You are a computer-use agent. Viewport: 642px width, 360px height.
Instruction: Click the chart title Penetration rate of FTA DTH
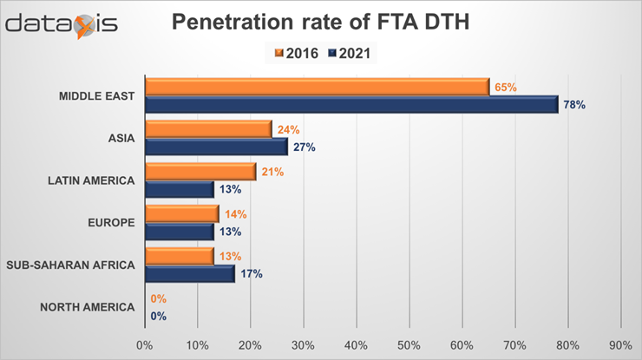pos(320,23)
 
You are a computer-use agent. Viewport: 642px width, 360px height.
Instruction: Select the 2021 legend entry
pos(350,53)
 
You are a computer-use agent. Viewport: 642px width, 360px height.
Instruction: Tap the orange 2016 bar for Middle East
pos(318,87)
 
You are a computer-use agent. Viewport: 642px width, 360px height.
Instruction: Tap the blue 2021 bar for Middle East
pos(351,104)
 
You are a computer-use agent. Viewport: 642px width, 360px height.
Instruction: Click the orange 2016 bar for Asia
pos(208,129)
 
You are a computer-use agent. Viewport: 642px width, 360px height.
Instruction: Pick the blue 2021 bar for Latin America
pos(180,189)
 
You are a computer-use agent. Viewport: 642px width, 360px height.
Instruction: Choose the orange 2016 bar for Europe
pos(182,214)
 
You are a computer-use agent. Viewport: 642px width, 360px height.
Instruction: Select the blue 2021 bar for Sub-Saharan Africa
pos(190,273)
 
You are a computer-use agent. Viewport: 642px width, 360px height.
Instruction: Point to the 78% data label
pos(574,105)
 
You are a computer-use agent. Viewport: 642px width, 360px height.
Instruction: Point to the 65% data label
pos(506,87)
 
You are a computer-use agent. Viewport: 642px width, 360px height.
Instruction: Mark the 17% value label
pos(252,274)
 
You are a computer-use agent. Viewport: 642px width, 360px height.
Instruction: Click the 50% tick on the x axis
pos(409,345)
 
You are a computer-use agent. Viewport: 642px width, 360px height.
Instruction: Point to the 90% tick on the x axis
pos(621,345)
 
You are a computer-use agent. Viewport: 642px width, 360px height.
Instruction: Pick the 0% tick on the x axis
pos(145,345)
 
